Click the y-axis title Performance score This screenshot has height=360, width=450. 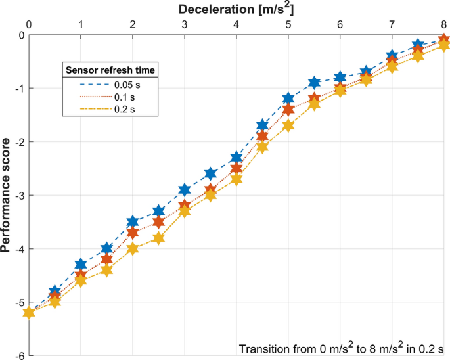pos(8,196)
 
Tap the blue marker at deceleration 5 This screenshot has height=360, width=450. pos(288,99)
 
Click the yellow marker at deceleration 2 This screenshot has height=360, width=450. pos(133,249)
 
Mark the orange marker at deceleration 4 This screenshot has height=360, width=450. pos(236,169)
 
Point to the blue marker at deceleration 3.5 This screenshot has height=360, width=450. pos(210,174)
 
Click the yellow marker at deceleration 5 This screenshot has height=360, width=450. pos(288,125)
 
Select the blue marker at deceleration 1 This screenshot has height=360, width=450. pos(81,265)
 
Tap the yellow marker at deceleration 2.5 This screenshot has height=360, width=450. pos(158,238)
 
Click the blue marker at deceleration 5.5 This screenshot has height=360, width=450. pos(315,83)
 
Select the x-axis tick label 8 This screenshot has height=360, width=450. pos(444,25)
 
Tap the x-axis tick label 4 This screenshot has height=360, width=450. pos(236,25)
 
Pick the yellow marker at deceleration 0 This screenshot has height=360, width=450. pos(29,313)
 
